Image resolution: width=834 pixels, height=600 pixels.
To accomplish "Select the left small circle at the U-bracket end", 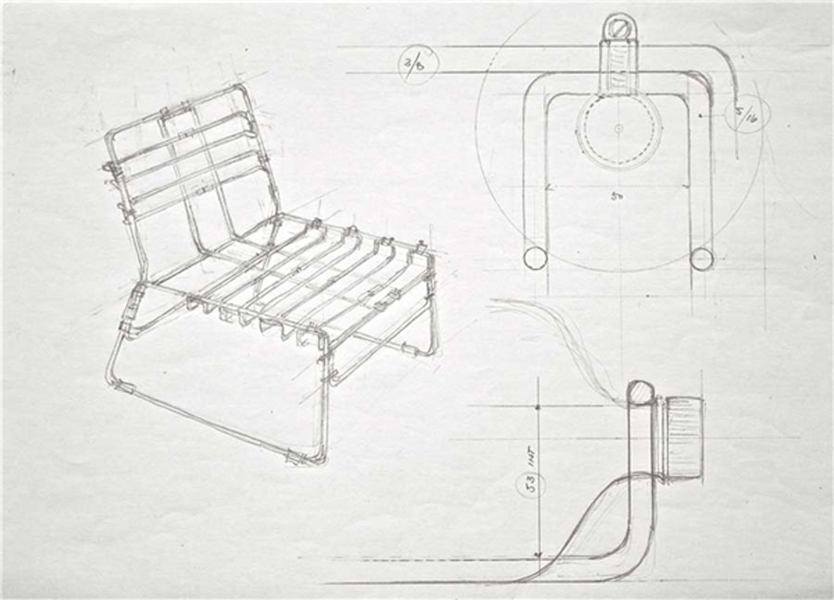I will coord(535,258).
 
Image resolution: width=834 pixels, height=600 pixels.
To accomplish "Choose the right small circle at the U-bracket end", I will coord(701,258).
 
